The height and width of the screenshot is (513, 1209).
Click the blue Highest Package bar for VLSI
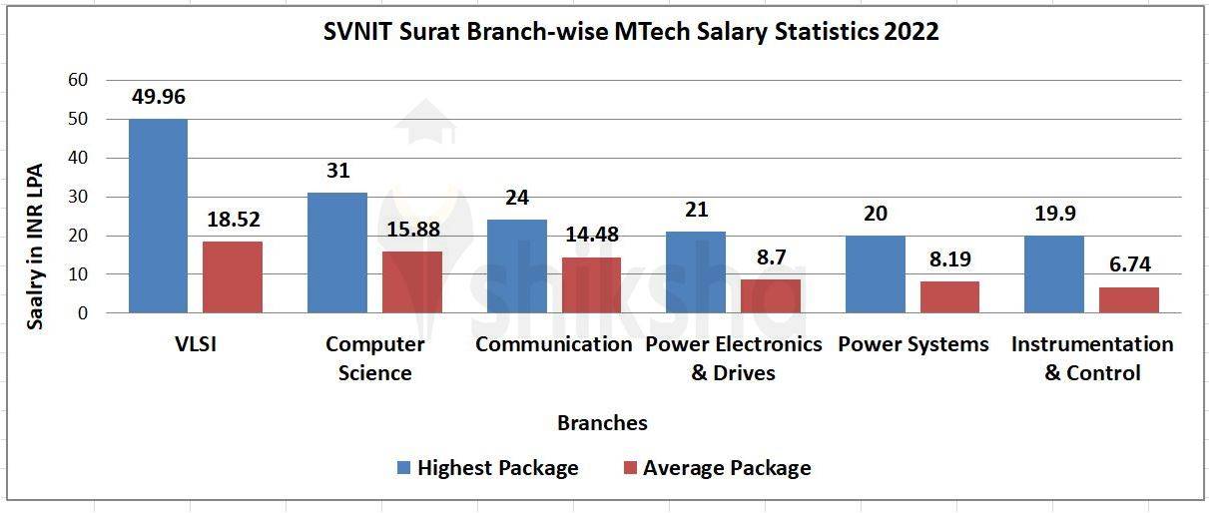click(158, 216)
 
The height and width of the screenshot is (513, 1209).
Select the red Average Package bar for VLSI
click(233, 276)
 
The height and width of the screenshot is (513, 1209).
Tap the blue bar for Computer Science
click(337, 253)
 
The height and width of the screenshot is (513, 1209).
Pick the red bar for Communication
click(591, 284)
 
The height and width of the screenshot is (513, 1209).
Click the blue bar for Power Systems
click(875, 274)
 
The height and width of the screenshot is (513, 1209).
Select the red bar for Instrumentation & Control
click(1130, 299)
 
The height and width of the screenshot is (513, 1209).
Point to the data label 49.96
click(158, 97)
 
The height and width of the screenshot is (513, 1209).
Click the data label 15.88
click(411, 229)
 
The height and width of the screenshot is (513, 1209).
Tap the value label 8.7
click(771, 256)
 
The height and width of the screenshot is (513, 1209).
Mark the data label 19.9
click(1054, 213)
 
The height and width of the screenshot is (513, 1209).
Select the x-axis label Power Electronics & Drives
click(734, 358)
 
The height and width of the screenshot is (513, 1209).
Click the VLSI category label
click(196, 344)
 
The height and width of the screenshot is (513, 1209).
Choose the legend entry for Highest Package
click(497, 468)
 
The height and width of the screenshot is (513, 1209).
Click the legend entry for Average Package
click(726, 468)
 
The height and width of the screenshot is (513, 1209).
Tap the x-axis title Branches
click(602, 423)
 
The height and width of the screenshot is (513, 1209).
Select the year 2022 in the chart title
click(911, 32)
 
